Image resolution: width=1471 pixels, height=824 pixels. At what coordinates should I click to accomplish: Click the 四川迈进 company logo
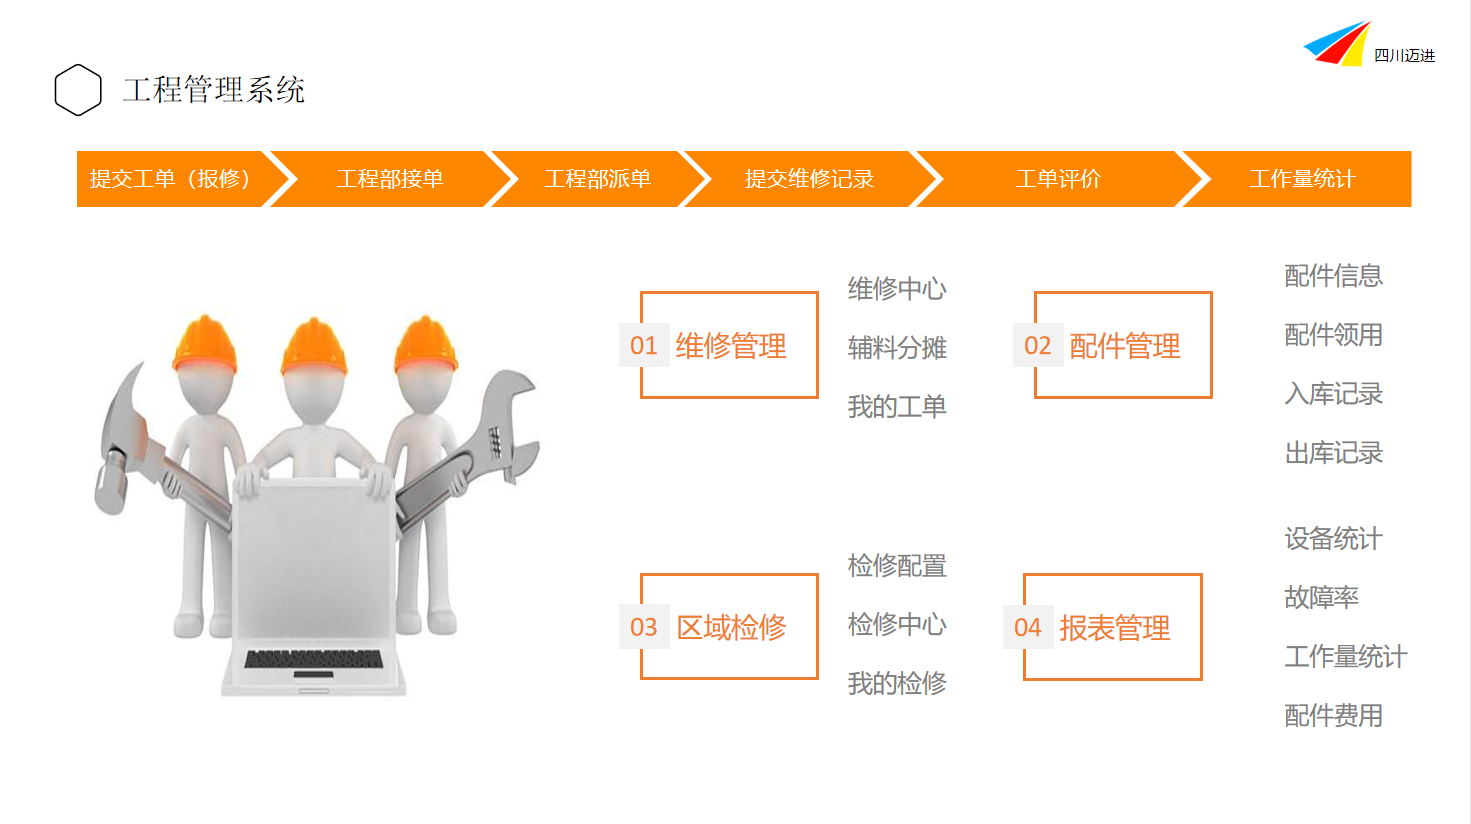tap(1369, 44)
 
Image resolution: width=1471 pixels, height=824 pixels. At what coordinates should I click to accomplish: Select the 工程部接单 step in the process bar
tap(390, 179)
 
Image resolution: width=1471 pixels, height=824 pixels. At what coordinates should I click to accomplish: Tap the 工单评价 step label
tap(1058, 179)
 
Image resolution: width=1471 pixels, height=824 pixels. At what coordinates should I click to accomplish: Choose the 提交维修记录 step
tap(809, 179)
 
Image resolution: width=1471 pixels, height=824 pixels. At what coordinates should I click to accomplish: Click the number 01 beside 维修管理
tap(644, 345)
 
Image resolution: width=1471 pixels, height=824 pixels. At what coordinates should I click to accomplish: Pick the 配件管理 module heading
tap(1124, 346)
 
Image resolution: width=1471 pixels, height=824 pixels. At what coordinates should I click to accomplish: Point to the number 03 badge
tap(644, 627)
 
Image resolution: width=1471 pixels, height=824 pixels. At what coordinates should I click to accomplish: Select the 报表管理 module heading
tap(1114, 628)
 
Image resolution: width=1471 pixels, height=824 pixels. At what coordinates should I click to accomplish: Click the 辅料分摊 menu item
tap(897, 348)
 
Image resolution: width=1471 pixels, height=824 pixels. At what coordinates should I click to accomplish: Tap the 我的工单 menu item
tap(897, 407)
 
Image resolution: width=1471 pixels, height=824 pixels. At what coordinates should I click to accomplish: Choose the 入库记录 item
tap(1334, 394)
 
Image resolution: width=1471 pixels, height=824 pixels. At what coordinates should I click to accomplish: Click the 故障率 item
tap(1321, 597)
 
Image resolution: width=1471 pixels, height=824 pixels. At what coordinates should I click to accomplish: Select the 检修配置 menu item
tap(897, 566)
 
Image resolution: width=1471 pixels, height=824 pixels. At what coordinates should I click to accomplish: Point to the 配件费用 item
tap(1334, 716)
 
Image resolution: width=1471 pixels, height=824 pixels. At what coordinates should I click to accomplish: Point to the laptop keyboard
tap(313, 659)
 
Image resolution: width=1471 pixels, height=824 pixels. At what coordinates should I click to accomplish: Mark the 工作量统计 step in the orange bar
tap(1302, 179)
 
